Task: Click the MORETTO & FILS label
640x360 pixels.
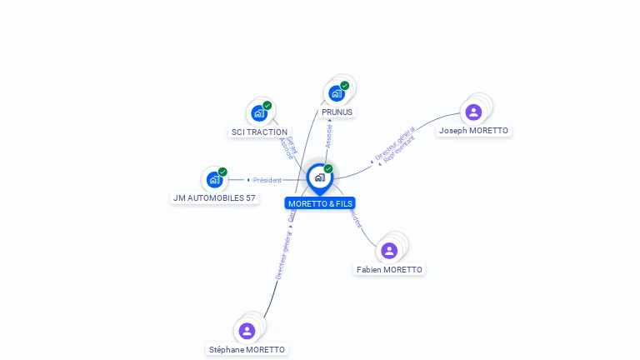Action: pyautogui.click(x=320, y=203)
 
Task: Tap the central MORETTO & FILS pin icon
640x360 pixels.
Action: pyautogui.click(x=320, y=177)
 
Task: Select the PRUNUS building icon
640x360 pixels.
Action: pyautogui.click(x=337, y=93)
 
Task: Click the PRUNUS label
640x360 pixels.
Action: pyautogui.click(x=337, y=112)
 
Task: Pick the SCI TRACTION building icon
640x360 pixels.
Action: pyautogui.click(x=259, y=113)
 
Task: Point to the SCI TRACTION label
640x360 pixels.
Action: pyautogui.click(x=259, y=132)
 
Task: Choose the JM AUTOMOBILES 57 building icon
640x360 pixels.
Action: pyautogui.click(x=215, y=179)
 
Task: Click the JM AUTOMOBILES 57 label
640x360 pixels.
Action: pyautogui.click(x=214, y=197)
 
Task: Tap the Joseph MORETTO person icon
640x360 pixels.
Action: pyautogui.click(x=473, y=112)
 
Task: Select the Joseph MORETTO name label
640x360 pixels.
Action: pyautogui.click(x=473, y=130)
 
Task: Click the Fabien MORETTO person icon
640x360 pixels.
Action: pyautogui.click(x=389, y=251)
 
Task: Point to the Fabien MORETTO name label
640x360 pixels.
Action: pyautogui.click(x=389, y=269)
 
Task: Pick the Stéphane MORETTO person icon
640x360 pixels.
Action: pyautogui.click(x=247, y=331)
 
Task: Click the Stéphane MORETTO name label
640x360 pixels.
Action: pyautogui.click(x=247, y=349)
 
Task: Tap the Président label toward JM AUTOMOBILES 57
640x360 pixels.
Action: pyautogui.click(x=267, y=180)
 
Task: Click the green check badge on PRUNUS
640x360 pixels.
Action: pyautogui.click(x=345, y=86)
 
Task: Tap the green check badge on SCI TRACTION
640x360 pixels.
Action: pyautogui.click(x=267, y=106)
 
